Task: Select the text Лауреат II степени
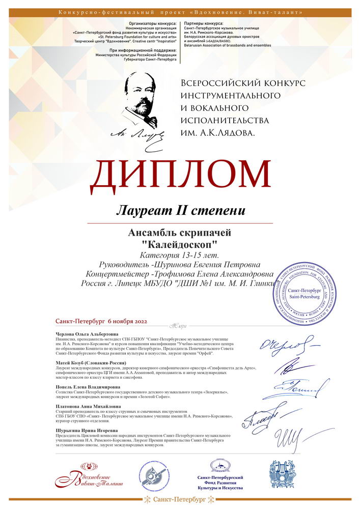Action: (x=180, y=210)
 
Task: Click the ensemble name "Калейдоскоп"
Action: (x=181, y=244)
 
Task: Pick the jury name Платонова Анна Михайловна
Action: (x=85, y=407)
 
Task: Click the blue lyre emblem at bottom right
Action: (x=283, y=473)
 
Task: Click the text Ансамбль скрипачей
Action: (x=181, y=233)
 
